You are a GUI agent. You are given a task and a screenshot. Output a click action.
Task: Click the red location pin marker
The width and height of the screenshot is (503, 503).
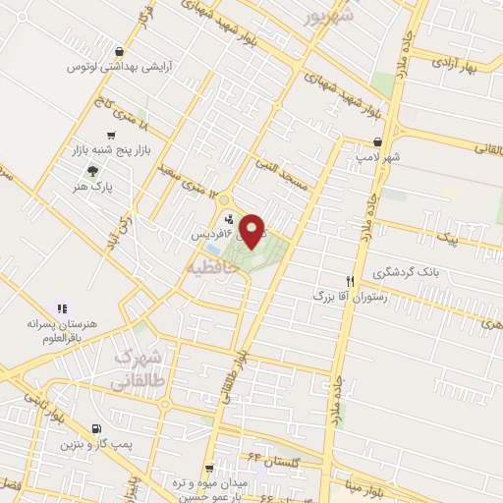[252, 231]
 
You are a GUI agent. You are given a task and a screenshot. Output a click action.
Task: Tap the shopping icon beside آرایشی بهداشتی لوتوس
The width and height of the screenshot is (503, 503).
[119, 52]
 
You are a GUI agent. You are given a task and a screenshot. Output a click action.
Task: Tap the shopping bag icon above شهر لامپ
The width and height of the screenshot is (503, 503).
[377, 141]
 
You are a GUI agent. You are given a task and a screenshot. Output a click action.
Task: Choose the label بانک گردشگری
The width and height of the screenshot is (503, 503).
[405, 271]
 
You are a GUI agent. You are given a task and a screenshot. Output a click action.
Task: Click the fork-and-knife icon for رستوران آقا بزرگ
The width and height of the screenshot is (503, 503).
[347, 279]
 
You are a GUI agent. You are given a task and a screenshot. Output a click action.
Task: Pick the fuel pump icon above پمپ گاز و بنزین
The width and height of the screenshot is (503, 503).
[94, 428]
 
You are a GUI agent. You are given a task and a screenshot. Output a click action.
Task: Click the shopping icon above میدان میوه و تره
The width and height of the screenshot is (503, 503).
[209, 469]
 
